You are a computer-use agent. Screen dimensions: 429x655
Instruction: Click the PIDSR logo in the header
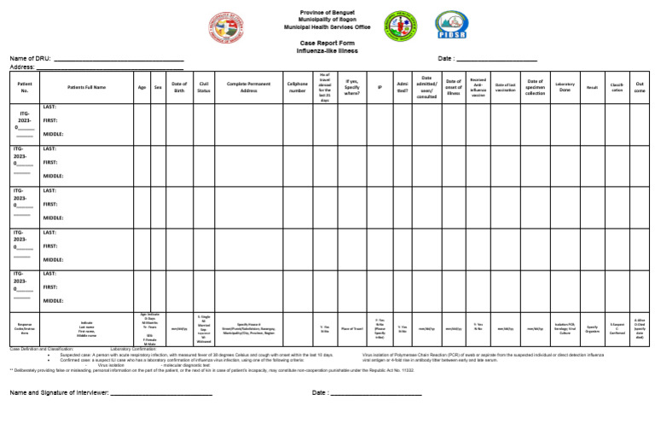point(450,25)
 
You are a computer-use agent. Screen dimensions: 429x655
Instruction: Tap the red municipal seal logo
point(226,26)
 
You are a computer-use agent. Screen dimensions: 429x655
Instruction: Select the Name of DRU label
point(30,58)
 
